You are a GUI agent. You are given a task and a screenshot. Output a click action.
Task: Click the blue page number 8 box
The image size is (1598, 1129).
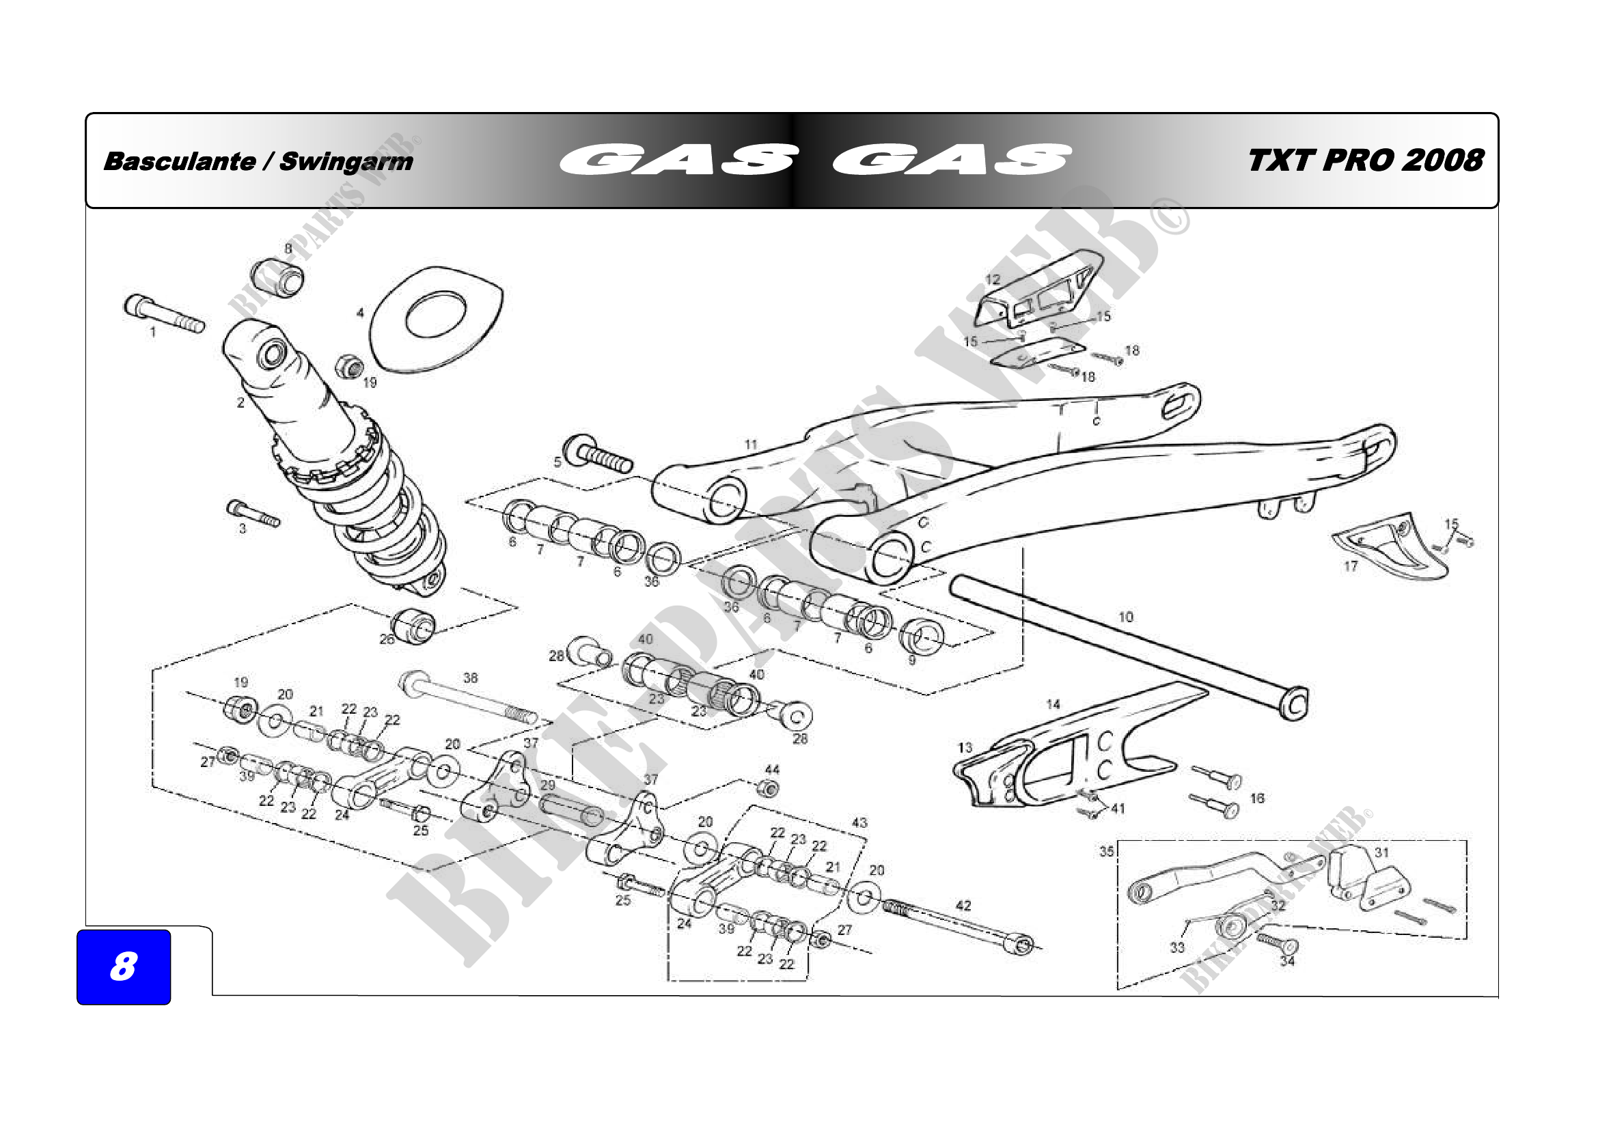coord(123,966)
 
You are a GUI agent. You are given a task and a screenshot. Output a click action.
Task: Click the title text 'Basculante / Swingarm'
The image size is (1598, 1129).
coord(258,161)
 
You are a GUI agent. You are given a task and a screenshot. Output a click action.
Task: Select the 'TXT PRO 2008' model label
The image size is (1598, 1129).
coord(1365,161)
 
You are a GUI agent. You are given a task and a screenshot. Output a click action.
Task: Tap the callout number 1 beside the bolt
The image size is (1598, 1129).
coord(153,333)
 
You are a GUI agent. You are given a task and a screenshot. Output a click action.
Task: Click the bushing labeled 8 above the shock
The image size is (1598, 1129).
coord(277,276)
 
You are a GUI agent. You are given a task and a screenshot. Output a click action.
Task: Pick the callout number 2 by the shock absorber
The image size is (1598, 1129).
coord(240,403)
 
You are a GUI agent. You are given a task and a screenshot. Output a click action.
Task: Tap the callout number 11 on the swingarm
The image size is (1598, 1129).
coord(750,445)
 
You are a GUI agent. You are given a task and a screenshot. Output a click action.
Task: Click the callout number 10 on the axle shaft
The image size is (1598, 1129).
coord(1125,616)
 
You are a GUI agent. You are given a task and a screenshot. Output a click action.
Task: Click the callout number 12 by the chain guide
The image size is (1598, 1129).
coord(993,279)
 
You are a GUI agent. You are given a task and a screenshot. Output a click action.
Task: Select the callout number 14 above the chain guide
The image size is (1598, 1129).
coord(1053,705)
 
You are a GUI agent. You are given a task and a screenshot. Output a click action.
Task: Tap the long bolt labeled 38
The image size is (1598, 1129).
coord(468,698)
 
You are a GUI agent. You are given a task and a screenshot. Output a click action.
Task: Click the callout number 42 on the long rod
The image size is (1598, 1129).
coord(963,906)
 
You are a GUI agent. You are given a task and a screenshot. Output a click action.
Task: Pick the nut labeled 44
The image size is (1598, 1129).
coord(768,789)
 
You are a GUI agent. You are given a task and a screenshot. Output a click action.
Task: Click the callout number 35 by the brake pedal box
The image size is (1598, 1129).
coord(1107,852)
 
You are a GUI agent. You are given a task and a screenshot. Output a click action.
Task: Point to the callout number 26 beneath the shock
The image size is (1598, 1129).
coord(387,639)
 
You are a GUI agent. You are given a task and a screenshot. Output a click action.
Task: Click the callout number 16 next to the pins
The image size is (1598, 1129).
coord(1257,798)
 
